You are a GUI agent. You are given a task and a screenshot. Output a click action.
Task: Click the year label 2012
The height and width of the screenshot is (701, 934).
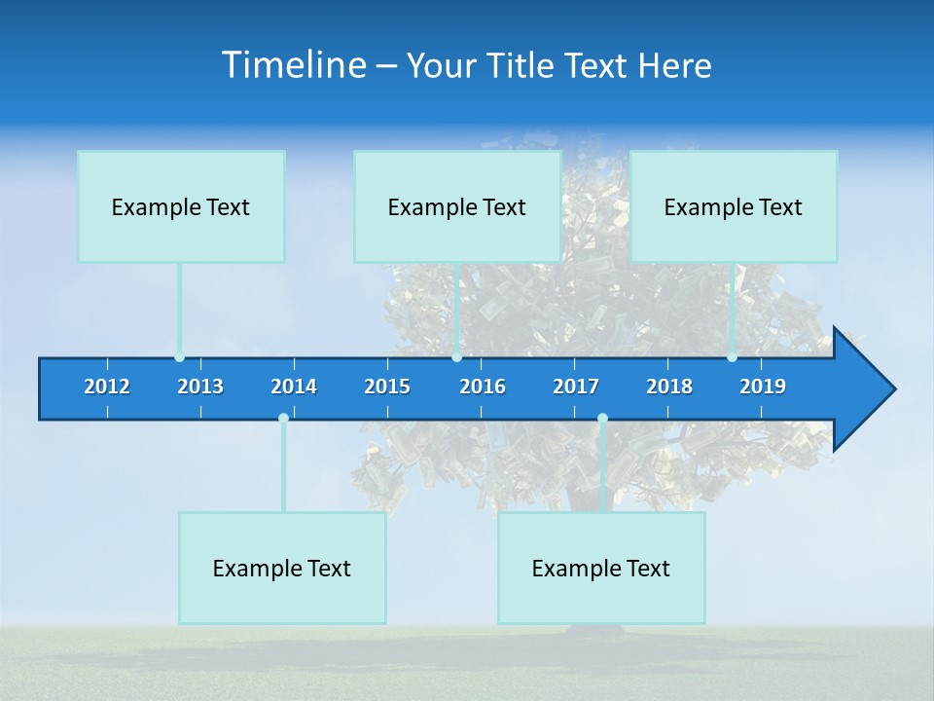107,387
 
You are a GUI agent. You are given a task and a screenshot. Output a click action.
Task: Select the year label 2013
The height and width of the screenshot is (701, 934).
200,387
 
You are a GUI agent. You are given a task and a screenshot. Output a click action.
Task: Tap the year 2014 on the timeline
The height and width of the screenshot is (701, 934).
294,387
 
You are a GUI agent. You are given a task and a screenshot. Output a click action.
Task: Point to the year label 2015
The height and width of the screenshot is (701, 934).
387,387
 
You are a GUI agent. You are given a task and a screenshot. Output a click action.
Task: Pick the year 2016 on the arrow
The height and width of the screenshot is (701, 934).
483,387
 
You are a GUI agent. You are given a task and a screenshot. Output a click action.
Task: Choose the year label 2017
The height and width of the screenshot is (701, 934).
576,387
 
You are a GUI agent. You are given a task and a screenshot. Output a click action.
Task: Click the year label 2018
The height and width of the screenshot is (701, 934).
669,387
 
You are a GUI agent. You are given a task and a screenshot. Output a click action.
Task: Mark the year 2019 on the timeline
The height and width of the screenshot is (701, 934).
763,387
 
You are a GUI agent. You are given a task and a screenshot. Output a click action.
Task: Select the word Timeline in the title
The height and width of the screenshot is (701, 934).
293,65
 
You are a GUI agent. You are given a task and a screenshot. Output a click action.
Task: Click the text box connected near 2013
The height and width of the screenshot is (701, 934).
181,206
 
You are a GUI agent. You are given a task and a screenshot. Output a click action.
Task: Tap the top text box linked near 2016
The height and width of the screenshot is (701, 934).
457,206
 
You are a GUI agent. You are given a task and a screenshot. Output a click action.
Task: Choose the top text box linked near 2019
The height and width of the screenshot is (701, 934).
734,206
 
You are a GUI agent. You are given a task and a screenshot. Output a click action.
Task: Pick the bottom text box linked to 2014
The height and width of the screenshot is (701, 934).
282,568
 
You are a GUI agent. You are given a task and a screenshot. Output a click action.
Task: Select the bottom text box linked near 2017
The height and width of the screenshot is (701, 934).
601,568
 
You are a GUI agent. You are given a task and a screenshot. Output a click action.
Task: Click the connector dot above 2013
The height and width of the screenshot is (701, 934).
179,357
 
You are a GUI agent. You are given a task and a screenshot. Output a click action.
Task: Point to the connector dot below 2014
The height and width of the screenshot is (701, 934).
283,419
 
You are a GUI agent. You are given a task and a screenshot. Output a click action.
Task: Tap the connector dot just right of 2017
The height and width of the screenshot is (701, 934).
602,419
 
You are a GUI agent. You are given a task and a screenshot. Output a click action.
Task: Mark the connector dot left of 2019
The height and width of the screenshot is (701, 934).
732,357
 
